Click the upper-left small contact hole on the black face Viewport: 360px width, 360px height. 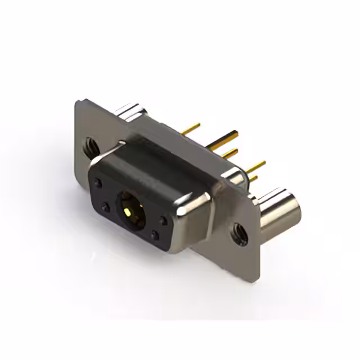coord(99,183)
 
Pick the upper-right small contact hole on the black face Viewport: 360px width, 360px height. coord(163,221)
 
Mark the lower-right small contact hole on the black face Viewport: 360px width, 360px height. coord(155,236)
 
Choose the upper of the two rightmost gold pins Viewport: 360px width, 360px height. coord(256,165)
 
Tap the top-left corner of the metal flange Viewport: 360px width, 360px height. coord(78,102)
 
